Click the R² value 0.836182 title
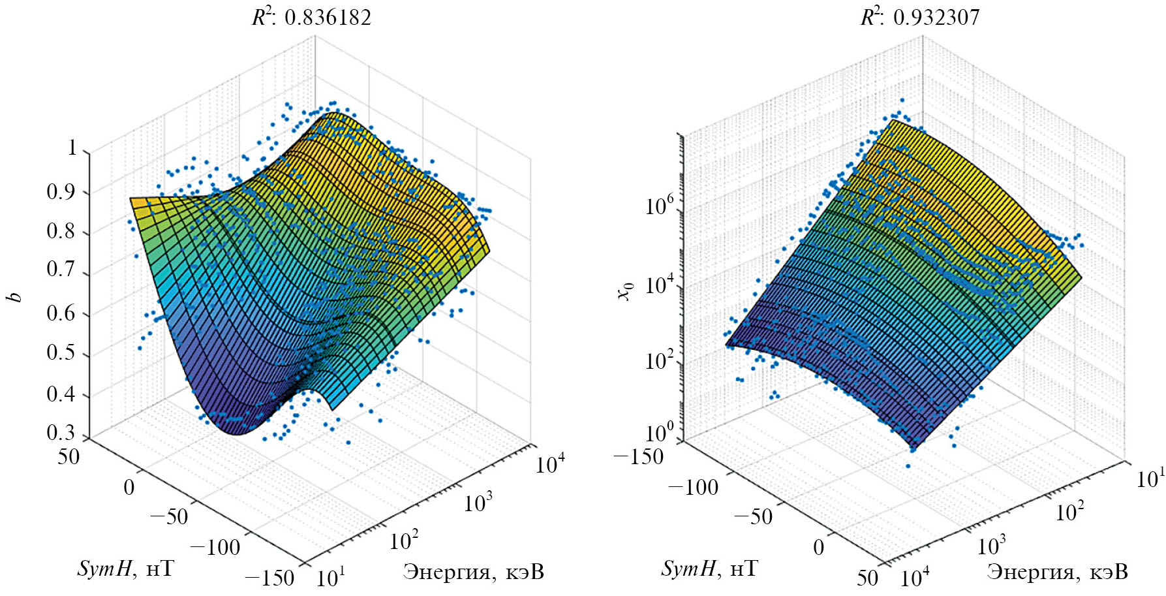point(312,16)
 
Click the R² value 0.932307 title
point(920,16)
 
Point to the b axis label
point(14,298)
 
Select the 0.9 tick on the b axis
point(61,192)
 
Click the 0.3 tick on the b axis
point(61,433)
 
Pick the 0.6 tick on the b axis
point(61,313)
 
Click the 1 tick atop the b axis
point(72,148)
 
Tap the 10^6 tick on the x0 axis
point(659,206)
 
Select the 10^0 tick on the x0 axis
point(659,433)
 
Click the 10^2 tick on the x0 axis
point(659,360)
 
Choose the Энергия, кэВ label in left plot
point(473,572)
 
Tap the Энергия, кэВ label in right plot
point(1057,572)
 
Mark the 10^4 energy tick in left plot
point(549,463)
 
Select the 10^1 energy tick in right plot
point(1150,478)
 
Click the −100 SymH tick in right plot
point(693,487)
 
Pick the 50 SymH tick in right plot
point(868,576)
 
